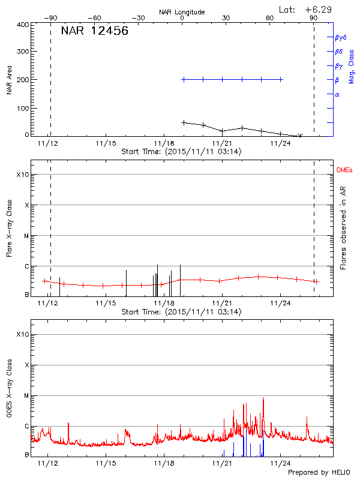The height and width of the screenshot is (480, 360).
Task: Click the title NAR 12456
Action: point(94,31)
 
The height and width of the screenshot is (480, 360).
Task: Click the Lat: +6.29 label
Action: point(305,9)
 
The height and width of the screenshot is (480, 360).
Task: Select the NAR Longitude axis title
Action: point(182,12)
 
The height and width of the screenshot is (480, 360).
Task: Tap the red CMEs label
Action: point(345,171)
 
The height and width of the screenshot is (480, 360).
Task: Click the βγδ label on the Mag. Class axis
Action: point(340,37)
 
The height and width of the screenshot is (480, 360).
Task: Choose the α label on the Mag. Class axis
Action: point(337,94)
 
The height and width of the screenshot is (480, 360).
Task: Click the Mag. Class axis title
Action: point(352,66)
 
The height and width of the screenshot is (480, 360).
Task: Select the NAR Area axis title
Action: point(9,80)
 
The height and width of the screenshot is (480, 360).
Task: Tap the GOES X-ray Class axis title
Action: point(9,394)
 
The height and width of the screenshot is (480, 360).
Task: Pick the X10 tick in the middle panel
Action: point(22,175)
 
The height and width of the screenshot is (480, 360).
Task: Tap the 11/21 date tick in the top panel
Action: point(222,143)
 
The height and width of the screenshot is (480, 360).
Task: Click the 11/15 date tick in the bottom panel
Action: point(106,463)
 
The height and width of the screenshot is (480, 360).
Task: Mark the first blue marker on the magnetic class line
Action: point(184,79)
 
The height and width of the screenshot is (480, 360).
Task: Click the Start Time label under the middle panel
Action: point(181,312)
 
